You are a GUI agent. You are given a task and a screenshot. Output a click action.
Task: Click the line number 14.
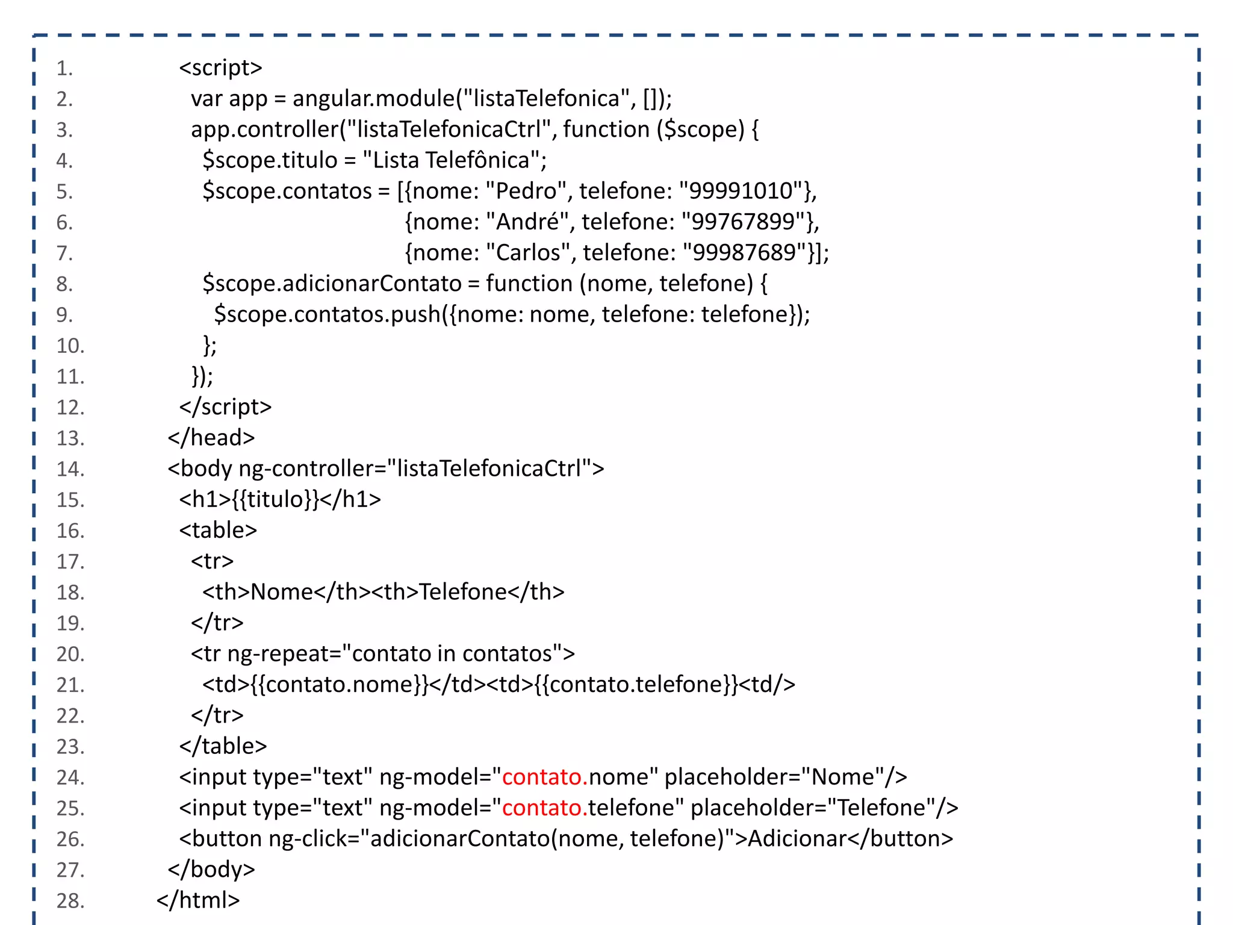(x=70, y=469)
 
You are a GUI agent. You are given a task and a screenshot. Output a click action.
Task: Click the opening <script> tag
(x=220, y=67)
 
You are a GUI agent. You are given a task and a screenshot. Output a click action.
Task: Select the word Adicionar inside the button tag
(x=797, y=838)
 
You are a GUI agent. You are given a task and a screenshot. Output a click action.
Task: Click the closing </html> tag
(x=198, y=900)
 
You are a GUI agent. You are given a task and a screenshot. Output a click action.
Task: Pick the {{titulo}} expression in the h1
(x=275, y=499)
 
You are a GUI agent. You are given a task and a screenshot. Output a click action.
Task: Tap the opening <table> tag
(x=218, y=530)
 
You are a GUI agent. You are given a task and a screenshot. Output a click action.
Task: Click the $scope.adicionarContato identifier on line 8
(x=332, y=284)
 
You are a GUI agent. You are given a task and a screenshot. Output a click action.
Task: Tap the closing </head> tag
(x=211, y=438)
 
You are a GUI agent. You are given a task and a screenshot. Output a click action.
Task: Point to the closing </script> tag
(x=225, y=407)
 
